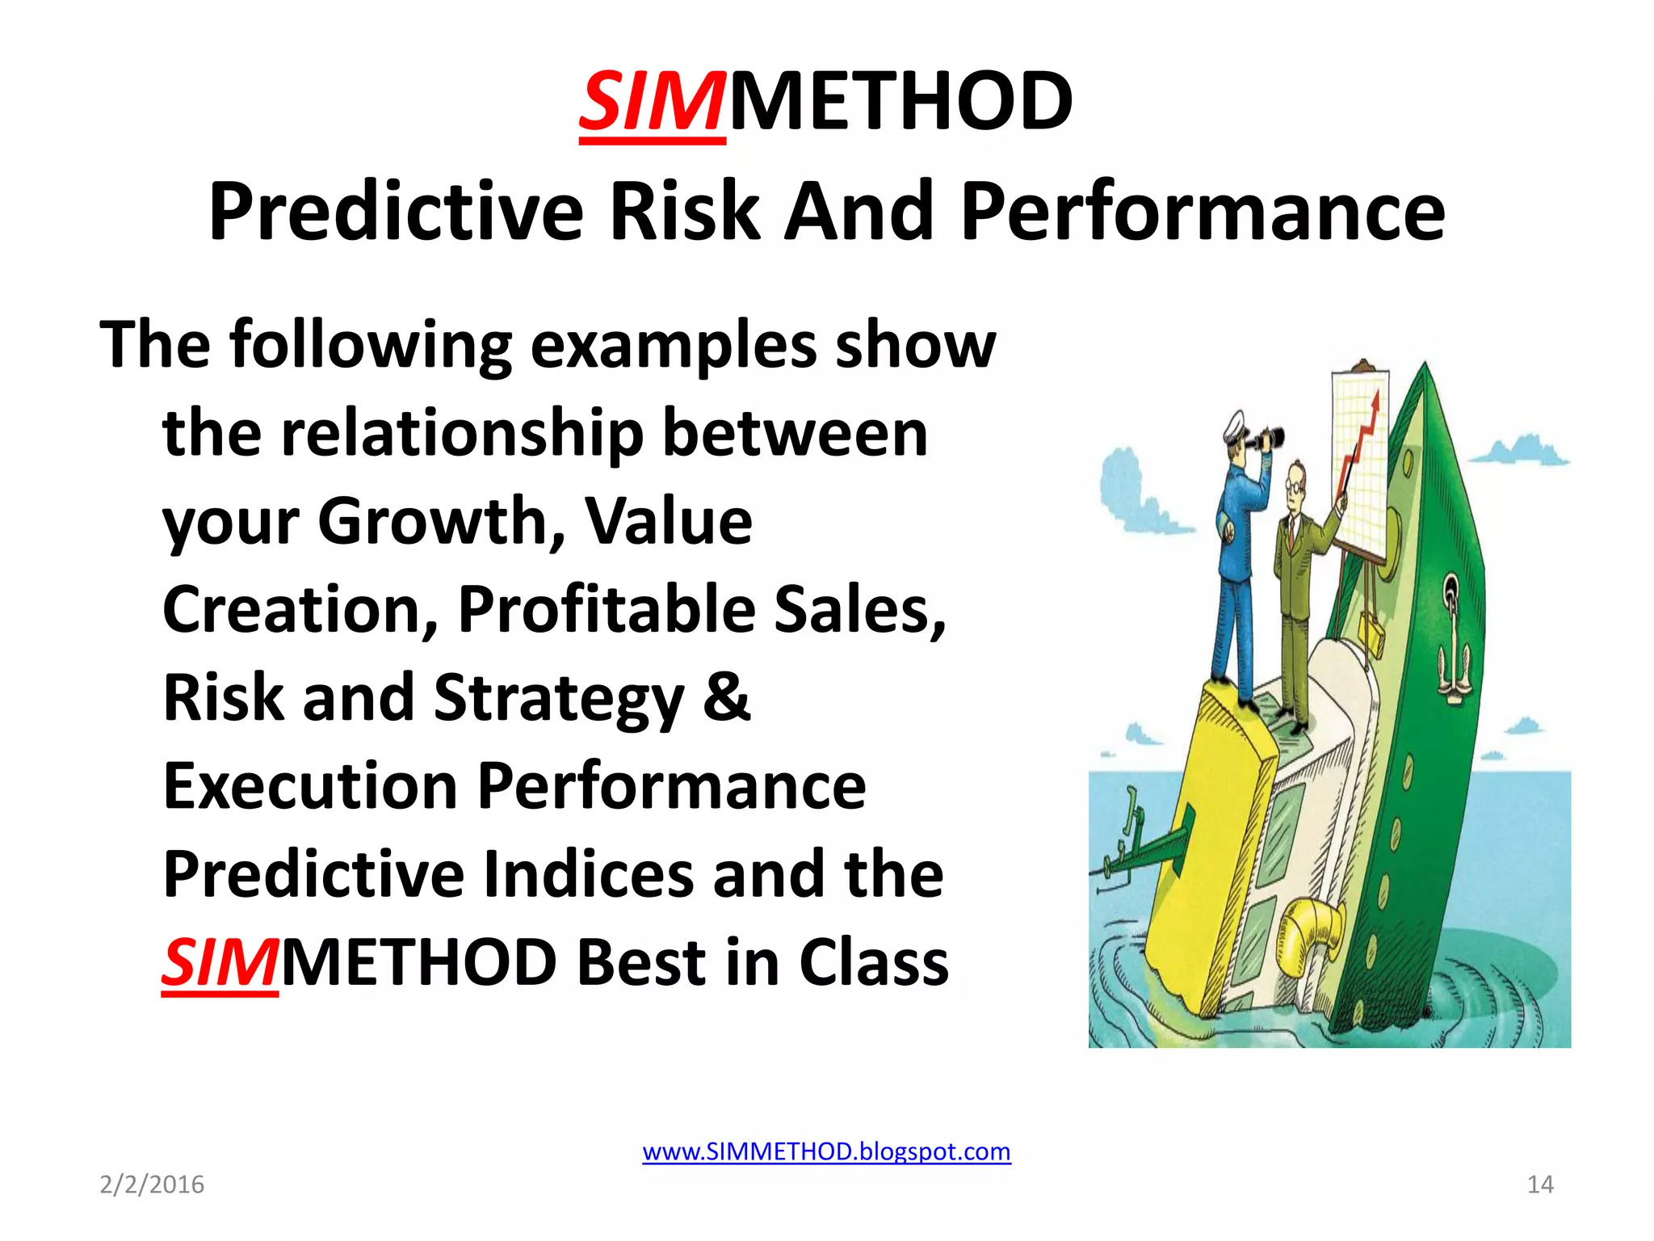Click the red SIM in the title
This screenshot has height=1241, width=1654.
(651, 103)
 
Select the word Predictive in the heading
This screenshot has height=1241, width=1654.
(396, 212)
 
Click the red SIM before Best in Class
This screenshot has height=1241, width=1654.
(220, 963)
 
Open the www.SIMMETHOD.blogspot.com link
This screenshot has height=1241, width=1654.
(826, 1151)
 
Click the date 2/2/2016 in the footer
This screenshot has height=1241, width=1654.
(152, 1184)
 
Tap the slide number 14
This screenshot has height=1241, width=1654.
(1540, 1184)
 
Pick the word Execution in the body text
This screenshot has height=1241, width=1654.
(310, 785)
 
